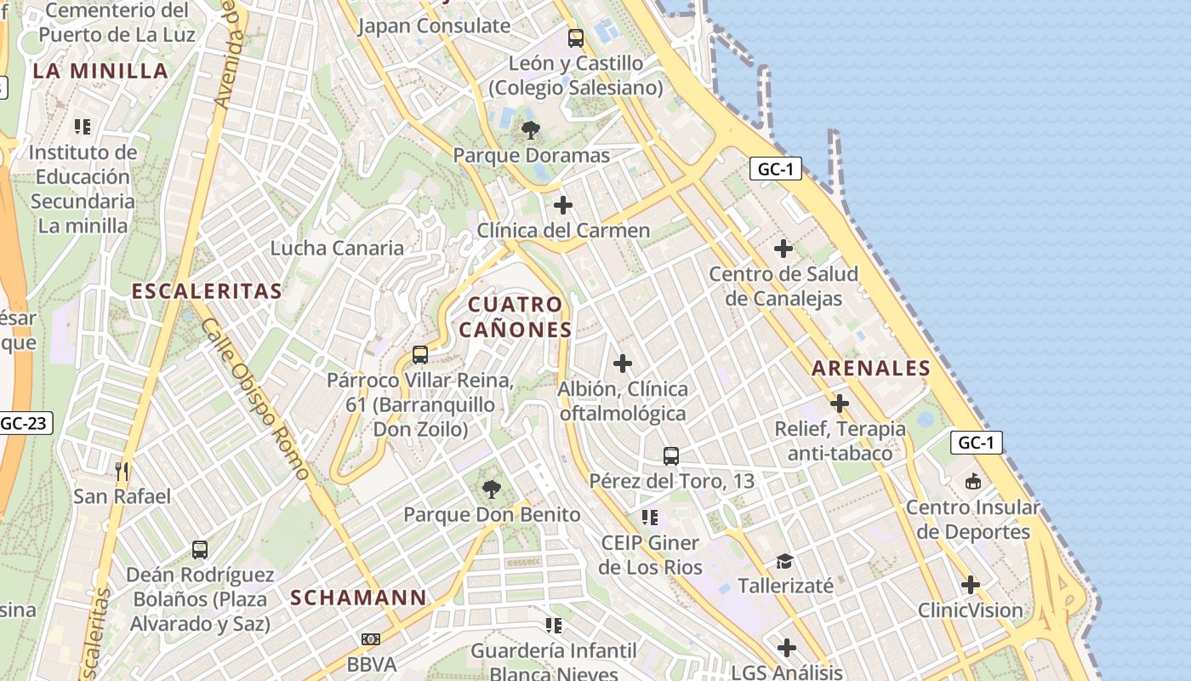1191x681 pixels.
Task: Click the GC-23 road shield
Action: point(26,423)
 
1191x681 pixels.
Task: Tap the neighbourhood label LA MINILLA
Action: point(100,71)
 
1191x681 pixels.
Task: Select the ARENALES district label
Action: point(870,368)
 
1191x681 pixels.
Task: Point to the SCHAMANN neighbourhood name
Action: point(358,598)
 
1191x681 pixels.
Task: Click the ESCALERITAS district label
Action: point(206,291)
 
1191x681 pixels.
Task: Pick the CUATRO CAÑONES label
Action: point(516,317)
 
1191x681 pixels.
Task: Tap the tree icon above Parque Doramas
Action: point(531,130)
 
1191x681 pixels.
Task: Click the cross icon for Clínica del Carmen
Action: point(562,205)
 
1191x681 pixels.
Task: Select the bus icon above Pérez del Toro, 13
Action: point(671,455)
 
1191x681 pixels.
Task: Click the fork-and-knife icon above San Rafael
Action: point(122,470)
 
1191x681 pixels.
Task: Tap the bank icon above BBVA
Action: point(371,638)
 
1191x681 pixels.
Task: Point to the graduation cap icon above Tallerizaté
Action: point(784,561)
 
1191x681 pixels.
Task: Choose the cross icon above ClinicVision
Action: point(970,585)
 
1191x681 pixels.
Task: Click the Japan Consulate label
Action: point(434,26)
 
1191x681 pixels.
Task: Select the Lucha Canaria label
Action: point(337,248)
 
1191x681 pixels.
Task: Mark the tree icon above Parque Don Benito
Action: point(491,489)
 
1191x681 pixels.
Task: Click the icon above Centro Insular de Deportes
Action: point(972,482)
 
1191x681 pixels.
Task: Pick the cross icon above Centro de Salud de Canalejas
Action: point(783,249)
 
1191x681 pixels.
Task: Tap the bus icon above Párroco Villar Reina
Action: point(419,355)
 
